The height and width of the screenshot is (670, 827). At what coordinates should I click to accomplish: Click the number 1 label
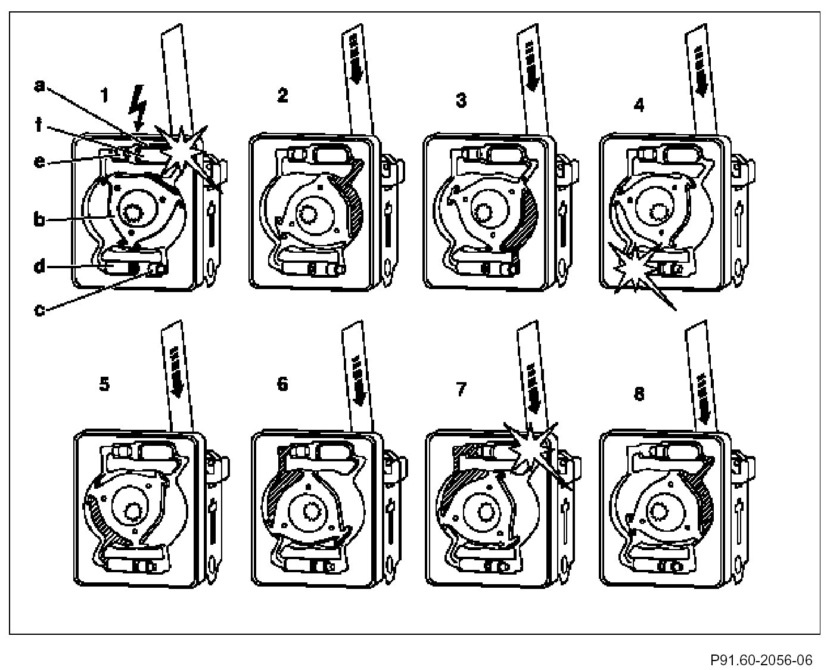(105, 95)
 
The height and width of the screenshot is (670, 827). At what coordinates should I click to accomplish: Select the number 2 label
(282, 95)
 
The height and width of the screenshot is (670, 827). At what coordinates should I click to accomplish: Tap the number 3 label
(461, 100)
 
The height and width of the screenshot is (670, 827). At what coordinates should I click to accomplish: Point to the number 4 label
(639, 105)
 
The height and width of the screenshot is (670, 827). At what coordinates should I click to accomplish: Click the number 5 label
(104, 384)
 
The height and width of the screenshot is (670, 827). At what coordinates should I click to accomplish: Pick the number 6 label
(282, 384)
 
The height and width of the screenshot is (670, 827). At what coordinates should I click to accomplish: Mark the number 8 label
(639, 394)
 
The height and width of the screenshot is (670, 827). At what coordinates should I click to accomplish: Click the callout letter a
(39, 86)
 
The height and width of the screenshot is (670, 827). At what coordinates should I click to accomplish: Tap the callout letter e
(39, 162)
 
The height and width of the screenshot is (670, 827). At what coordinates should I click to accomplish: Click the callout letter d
(39, 266)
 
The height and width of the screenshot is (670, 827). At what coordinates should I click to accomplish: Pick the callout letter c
(39, 309)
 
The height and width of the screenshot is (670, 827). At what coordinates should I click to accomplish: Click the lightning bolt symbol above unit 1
(139, 107)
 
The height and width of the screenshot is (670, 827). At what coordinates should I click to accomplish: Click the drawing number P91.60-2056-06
(761, 660)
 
